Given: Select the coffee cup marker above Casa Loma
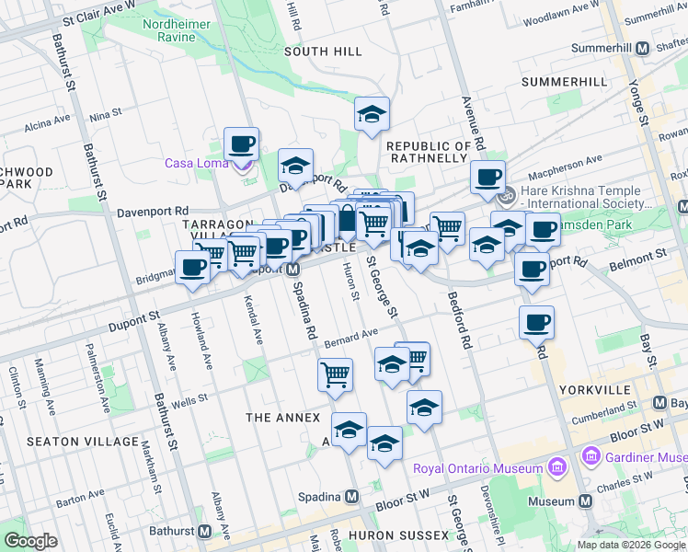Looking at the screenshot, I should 241,144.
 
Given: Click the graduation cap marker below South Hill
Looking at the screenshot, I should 372,114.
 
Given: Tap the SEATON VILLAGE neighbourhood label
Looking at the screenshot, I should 75,442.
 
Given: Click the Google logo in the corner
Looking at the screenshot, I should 30,541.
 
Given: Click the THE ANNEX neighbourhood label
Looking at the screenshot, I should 282,418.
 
